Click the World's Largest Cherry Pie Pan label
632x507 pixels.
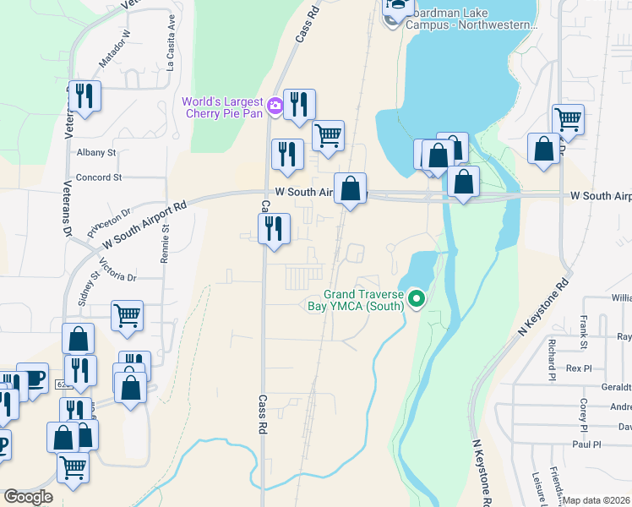click(222, 108)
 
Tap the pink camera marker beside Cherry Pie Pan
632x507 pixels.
click(275, 106)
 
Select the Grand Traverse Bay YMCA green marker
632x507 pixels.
click(416, 298)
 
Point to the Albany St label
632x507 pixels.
click(95, 152)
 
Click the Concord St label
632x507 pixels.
click(99, 177)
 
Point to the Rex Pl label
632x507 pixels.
click(580, 368)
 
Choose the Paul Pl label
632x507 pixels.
click(586, 444)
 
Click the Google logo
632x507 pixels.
click(28, 497)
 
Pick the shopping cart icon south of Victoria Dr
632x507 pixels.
click(127, 315)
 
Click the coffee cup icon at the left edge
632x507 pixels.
click(32, 378)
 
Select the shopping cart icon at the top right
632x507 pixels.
click(568, 119)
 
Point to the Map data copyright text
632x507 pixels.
click(597, 500)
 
